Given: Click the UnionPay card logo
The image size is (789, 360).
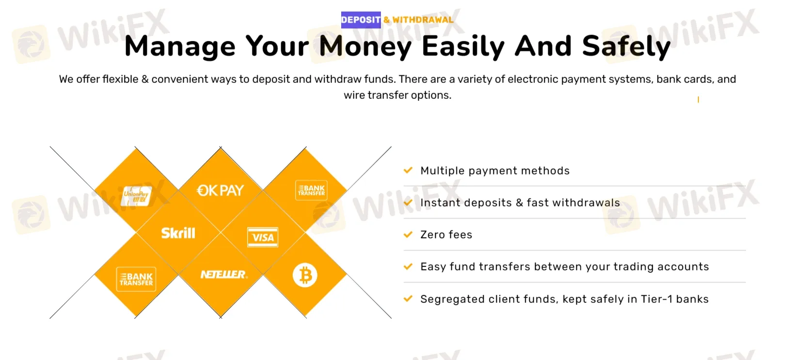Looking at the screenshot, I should [x=136, y=196].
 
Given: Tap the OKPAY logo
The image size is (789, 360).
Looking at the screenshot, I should [x=221, y=190].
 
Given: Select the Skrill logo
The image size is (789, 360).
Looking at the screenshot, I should [x=178, y=234].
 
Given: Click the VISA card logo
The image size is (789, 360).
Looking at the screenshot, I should [x=263, y=237].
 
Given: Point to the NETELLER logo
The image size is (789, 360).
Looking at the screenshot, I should [x=224, y=275].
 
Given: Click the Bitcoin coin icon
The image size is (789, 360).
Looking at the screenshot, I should [x=305, y=275].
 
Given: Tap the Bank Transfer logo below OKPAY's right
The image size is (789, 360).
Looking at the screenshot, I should [x=311, y=190].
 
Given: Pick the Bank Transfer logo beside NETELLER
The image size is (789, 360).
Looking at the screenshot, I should [x=136, y=279].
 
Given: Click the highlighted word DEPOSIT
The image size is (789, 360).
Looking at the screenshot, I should [x=361, y=20].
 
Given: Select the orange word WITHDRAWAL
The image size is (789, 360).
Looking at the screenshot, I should [x=423, y=20].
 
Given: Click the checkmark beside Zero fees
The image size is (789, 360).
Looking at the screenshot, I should [x=408, y=235].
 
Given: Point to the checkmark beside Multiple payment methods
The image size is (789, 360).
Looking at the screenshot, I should [x=408, y=170].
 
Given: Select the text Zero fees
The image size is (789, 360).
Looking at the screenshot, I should [x=446, y=235].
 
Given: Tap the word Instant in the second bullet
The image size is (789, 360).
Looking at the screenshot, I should [x=441, y=203].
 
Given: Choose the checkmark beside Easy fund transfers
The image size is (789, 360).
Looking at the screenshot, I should [x=408, y=266].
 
